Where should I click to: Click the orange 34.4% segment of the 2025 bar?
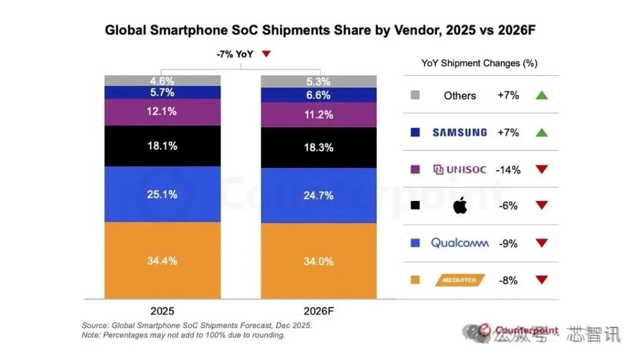tap(162, 261)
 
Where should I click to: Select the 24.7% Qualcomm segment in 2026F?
tap(319, 195)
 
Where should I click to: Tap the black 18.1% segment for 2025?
tap(162, 146)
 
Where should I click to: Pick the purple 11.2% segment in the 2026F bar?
tap(319, 115)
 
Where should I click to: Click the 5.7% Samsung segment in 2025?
tap(162, 93)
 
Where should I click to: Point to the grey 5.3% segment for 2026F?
tap(319, 82)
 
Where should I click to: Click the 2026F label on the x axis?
tap(319, 310)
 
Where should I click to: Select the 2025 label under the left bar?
tap(163, 310)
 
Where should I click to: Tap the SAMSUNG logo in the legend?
tap(459, 132)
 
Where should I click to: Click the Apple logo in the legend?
tap(460, 206)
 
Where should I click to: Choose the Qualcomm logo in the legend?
tap(460, 243)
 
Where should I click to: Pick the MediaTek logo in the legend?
tap(460, 280)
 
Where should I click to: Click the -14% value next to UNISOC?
tap(509, 170)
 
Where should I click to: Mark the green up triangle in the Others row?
tap(541, 95)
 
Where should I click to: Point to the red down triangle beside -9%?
tap(541, 243)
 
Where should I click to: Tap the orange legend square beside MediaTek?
tap(415, 280)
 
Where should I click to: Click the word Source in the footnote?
tap(96, 326)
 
